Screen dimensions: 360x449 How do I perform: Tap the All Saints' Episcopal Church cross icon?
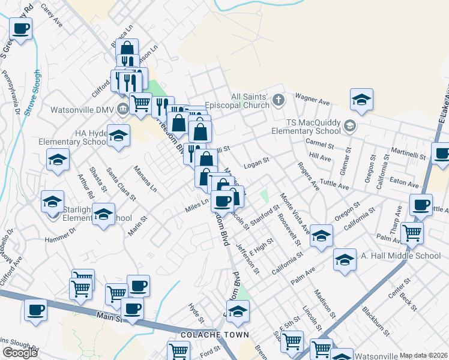[x=278, y=100]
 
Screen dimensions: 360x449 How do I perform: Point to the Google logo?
[x=20, y=353]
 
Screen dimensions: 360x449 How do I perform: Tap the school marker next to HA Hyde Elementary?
[x=119, y=136]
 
